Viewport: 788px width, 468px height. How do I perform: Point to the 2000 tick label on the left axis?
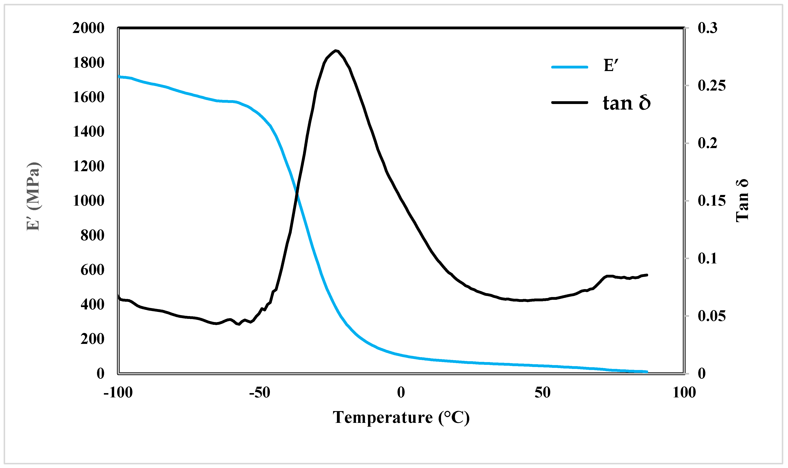(88, 28)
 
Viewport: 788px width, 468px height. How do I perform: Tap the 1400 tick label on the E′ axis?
(88, 132)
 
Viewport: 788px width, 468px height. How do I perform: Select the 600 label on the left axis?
(92, 270)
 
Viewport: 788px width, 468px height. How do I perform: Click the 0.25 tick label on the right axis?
(712, 86)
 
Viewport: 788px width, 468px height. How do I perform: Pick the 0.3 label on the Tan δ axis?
(707, 28)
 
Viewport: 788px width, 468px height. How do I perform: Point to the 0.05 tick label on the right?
(712, 316)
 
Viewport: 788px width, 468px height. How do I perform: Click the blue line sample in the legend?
(570, 67)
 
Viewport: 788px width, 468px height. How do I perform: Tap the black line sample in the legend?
(570, 103)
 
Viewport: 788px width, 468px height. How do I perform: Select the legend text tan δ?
(627, 103)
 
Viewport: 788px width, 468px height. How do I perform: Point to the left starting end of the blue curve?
(119, 76)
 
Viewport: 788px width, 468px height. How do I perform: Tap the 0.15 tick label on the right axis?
(712, 201)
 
